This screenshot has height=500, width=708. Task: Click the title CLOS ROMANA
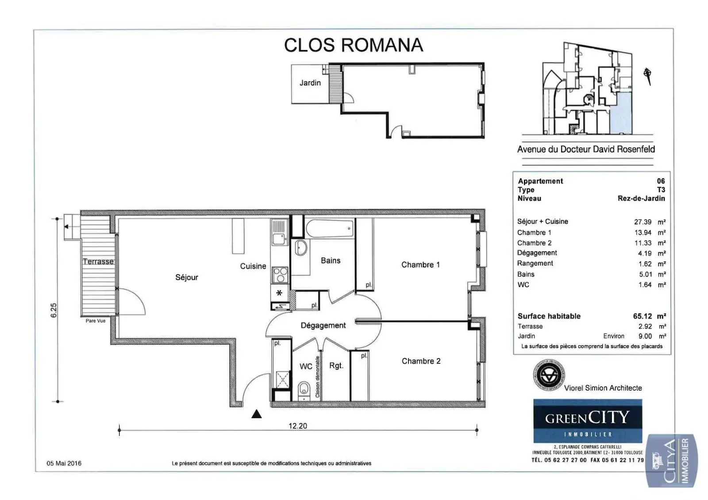point(353,45)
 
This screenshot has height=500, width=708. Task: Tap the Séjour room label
point(186,277)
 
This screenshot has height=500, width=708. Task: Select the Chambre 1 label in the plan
point(420,265)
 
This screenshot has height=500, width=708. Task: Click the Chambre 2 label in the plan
point(421,361)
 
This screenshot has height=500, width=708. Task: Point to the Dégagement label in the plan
point(323,325)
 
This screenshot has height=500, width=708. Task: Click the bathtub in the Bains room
point(330,229)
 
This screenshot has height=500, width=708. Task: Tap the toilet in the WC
point(304,389)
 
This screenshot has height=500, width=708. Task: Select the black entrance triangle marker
point(256,414)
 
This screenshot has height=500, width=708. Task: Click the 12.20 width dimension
point(297,426)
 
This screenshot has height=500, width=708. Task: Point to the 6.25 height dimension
point(54,310)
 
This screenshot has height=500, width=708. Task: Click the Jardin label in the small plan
point(310,83)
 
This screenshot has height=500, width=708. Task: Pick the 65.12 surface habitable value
point(643,316)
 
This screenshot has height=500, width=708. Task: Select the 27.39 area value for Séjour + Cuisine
point(643,222)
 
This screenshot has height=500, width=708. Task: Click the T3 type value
point(661,190)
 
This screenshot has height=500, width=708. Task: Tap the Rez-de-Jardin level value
point(641,198)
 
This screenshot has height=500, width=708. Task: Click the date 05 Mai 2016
point(64,463)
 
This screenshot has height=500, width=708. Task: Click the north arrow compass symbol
point(647,75)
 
